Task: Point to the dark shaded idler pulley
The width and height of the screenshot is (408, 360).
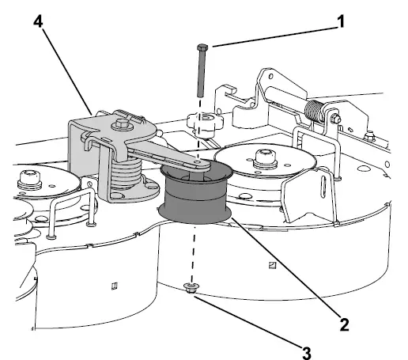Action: pos(195,202)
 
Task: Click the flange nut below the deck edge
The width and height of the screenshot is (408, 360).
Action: pos(189,289)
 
